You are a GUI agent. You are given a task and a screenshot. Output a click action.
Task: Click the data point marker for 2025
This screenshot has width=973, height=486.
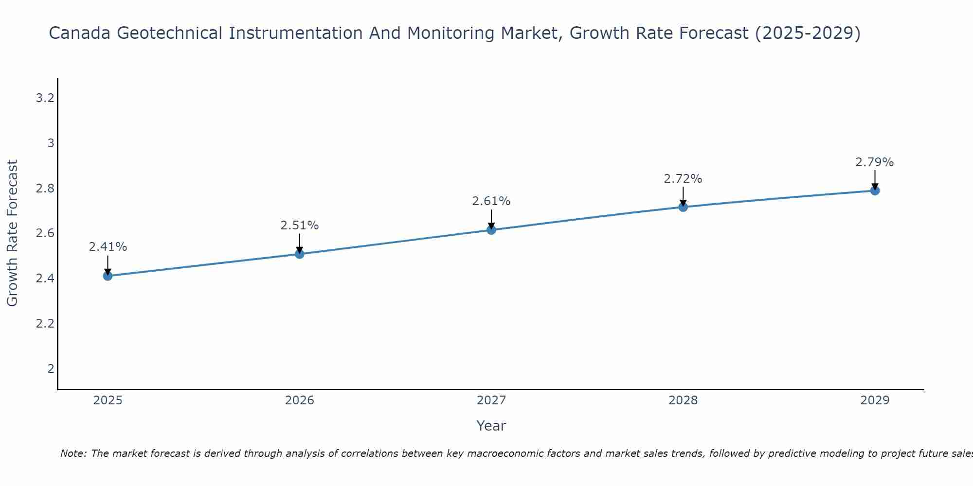[108, 276]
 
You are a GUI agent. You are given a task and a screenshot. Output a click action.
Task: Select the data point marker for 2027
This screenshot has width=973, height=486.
[491, 230]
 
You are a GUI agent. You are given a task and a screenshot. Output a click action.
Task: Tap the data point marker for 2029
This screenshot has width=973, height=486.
[875, 191]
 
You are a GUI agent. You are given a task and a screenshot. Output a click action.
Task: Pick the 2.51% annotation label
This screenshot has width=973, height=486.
[299, 226]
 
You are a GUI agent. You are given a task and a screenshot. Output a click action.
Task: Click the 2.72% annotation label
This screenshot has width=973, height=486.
[683, 179]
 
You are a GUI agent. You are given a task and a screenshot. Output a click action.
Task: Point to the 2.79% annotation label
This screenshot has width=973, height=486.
[875, 162]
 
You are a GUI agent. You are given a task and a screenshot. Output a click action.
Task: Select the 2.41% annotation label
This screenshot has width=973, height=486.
[108, 247]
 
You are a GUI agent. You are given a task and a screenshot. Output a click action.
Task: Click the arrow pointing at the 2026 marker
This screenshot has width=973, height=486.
[299, 243]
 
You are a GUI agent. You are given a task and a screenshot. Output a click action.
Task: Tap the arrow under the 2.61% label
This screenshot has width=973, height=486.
[491, 219]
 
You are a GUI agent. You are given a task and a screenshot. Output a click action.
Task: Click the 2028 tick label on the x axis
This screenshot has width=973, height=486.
[683, 400]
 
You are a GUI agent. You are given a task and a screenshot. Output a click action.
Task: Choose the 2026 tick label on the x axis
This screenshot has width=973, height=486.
[299, 400]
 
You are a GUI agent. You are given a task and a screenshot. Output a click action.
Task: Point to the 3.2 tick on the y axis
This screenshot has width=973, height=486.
[45, 99]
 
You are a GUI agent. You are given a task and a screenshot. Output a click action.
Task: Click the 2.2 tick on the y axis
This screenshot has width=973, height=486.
[45, 324]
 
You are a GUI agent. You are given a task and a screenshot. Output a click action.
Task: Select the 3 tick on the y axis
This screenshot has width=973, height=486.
[51, 143]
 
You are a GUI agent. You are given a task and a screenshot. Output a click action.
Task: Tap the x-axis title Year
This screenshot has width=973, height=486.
[491, 426]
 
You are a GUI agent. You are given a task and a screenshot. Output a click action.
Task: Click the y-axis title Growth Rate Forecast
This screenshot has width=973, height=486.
[12, 233]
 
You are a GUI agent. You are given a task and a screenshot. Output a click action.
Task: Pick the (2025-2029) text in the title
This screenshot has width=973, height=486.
[808, 34]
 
